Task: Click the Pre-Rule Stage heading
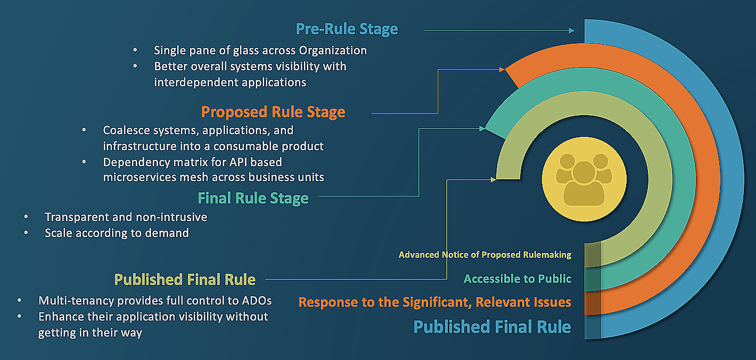[x=347, y=29]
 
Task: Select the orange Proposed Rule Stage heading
[x=273, y=112]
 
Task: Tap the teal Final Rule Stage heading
[x=253, y=198]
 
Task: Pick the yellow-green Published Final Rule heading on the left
[x=185, y=279]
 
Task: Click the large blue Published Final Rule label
[x=492, y=326]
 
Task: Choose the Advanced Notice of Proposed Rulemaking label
[x=484, y=255]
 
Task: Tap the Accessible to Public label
[x=517, y=279]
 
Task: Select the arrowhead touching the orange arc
[x=502, y=69]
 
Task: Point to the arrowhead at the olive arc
[x=494, y=179]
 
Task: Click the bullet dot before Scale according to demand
[x=27, y=233]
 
